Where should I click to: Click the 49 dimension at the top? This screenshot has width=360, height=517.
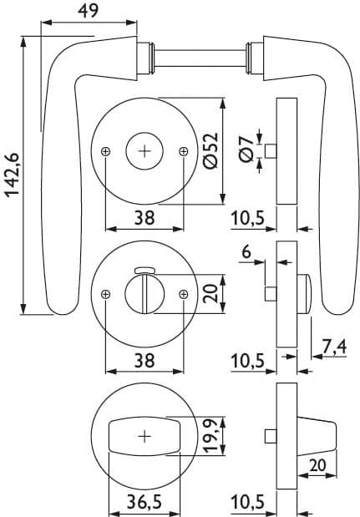point(88,11)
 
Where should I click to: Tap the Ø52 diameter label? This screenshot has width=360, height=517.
point(210,150)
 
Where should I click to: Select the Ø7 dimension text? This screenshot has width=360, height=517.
point(247,149)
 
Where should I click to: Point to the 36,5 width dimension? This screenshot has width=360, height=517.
point(145,502)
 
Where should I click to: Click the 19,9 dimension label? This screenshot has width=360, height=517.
point(210,436)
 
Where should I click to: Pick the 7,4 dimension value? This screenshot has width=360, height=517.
point(334,347)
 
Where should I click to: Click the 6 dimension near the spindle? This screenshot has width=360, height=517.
point(246,252)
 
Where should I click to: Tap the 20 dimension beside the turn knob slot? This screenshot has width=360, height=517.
point(210,293)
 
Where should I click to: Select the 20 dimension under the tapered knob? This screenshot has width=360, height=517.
point(317,465)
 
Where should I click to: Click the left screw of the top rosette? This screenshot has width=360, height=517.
point(105,151)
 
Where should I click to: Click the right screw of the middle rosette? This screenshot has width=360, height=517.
point(183,294)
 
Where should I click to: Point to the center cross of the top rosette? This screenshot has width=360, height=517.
point(145,151)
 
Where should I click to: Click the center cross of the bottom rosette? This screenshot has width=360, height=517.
point(145,437)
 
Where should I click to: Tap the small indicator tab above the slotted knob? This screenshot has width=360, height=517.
point(145,271)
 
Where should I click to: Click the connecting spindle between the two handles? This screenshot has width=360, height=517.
point(200,58)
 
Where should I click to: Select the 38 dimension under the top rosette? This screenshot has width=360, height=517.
point(145,218)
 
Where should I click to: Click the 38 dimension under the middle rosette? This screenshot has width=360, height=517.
point(145,360)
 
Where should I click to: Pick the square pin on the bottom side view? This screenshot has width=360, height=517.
point(271,437)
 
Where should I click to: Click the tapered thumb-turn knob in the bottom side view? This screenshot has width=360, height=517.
point(317,437)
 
